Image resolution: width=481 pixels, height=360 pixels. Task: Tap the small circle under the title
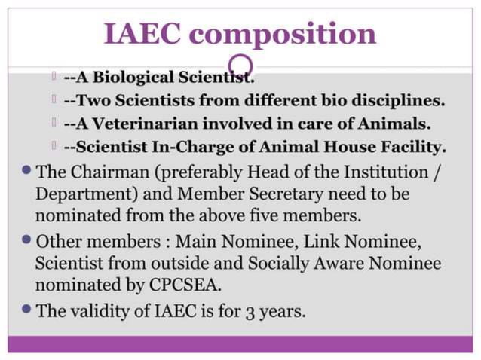[x=240, y=64]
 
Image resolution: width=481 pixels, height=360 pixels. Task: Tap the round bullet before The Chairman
[x=26, y=169]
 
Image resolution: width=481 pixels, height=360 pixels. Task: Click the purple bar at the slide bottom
[x=240, y=344]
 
